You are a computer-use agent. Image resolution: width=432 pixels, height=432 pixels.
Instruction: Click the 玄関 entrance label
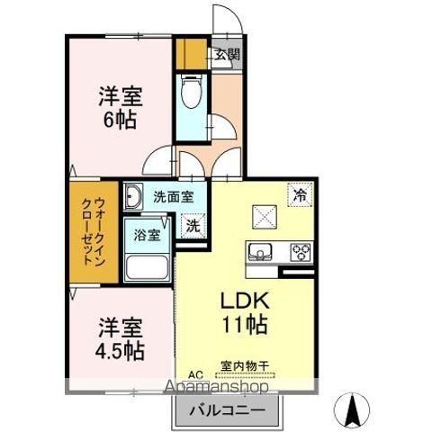(x=227, y=54)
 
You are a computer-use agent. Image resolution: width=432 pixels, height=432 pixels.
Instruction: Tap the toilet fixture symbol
(x=191, y=91)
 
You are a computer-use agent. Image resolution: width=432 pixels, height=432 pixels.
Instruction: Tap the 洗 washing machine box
(x=193, y=227)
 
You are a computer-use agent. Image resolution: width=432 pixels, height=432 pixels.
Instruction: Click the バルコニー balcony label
(x=227, y=412)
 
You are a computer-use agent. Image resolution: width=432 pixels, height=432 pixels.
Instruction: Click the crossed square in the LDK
(x=265, y=216)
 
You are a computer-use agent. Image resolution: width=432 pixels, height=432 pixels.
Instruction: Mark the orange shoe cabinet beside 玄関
(x=190, y=53)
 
